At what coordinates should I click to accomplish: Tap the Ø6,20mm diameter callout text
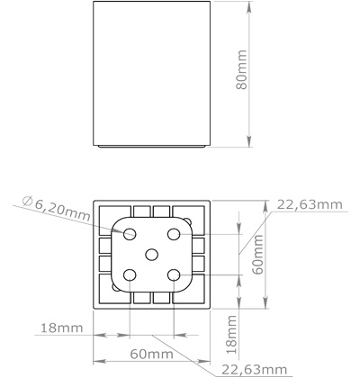pyautogui.click(x=55, y=210)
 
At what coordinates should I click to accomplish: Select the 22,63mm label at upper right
pyautogui.click(x=309, y=204)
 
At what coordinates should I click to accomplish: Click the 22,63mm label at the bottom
pyautogui.click(x=255, y=369)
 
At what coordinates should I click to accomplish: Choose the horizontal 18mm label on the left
pyautogui.click(x=60, y=327)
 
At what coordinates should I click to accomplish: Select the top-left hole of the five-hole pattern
pyautogui.click(x=130, y=233)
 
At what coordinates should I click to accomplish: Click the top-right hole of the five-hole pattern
pyautogui.click(x=172, y=233)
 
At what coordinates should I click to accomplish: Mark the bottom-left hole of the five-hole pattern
pyautogui.click(x=130, y=274)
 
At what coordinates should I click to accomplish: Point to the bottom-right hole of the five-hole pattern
pyautogui.click(x=172, y=274)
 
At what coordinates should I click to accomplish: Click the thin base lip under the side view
pyautogui.click(x=152, y=146)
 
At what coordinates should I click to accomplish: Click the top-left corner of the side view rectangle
pyautogui.click(x=94, y=2)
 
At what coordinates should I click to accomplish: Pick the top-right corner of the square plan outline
pyautogui.click(x=209, y=198)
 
